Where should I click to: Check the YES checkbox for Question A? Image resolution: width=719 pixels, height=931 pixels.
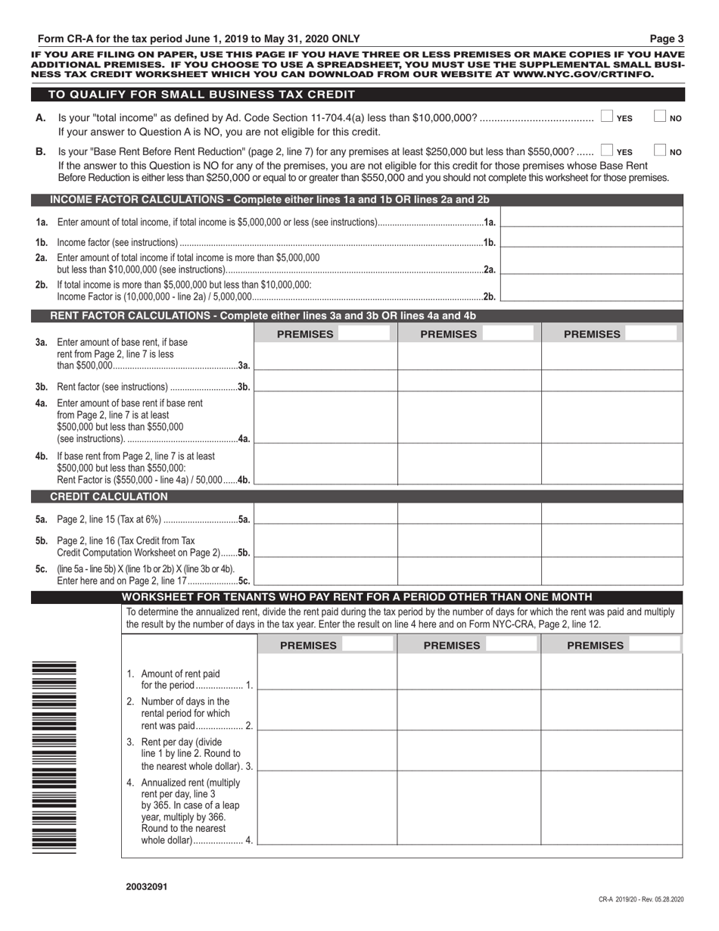606,117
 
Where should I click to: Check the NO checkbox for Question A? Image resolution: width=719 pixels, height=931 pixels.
659,117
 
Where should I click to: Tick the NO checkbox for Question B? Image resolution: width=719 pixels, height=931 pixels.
659,151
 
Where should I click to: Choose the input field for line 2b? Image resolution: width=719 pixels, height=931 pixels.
592,289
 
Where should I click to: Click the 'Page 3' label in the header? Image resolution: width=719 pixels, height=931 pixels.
669,39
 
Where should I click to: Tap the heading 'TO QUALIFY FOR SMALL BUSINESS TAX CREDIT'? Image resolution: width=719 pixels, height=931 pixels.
201,95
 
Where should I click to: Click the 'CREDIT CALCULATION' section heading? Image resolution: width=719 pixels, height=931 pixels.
108,497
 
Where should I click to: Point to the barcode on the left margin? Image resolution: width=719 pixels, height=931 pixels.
54,757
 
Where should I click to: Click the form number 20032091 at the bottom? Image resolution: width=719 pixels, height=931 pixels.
147,885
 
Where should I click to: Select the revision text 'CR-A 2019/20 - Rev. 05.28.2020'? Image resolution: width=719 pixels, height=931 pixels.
640,898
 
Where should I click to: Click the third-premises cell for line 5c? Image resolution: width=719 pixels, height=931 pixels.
612,572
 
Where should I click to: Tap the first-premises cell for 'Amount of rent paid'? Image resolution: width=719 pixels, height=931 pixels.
327,672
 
